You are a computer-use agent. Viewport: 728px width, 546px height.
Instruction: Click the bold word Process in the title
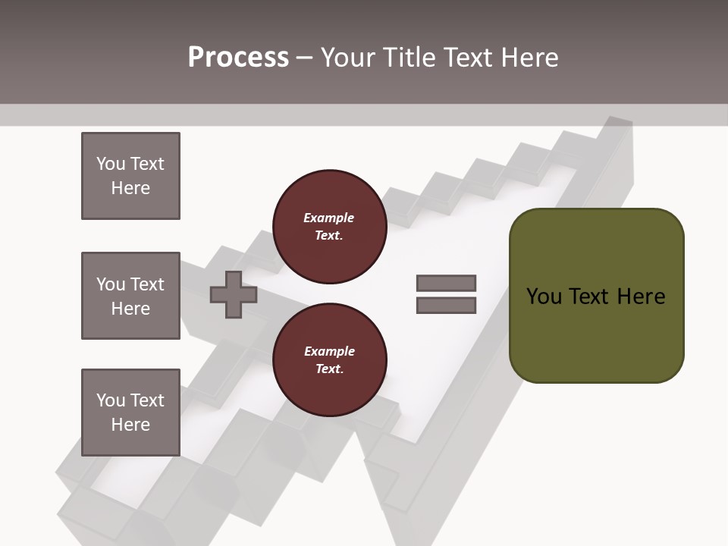238,58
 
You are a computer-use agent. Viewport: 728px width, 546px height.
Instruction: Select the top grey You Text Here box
130,176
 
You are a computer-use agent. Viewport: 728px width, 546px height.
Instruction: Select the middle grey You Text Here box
130,296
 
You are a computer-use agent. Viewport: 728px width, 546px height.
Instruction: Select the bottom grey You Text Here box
130,413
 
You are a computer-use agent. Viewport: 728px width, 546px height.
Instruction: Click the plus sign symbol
234,294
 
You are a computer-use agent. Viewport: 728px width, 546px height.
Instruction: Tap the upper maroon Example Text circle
329,226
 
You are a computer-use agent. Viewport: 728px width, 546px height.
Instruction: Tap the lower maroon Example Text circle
329,360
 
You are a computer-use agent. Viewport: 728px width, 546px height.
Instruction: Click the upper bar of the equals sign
446,283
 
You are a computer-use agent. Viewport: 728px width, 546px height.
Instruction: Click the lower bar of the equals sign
446,306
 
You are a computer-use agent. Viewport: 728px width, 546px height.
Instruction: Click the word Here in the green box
641,297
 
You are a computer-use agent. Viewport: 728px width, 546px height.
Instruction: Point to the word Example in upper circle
329,218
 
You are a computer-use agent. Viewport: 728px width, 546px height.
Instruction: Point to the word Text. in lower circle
329,369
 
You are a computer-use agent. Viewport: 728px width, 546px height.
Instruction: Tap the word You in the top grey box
110,164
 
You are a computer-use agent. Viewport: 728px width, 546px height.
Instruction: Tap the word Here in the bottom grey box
130,425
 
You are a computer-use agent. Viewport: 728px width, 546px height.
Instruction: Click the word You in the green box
544,297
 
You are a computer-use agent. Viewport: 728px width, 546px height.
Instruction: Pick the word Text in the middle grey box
146,284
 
